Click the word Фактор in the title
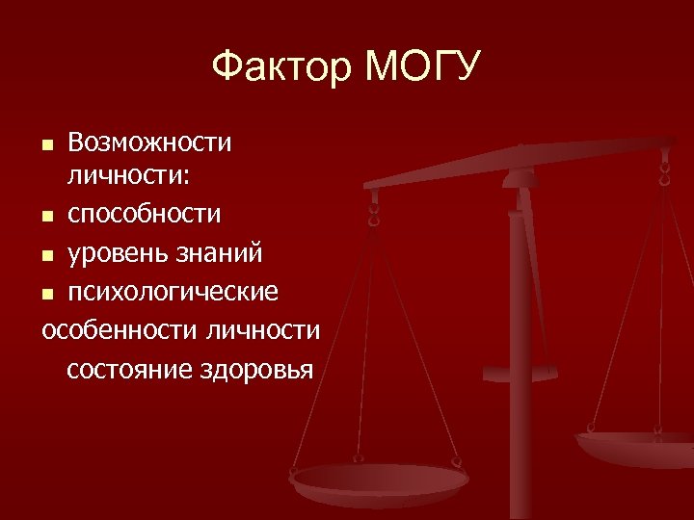coord(281,68)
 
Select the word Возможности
coord(149,143)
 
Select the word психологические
coord(173,291)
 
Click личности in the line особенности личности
coord(262,329)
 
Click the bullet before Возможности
coord(48,145)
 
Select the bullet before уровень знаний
coord(48,255)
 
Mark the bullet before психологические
coord(48,293)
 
